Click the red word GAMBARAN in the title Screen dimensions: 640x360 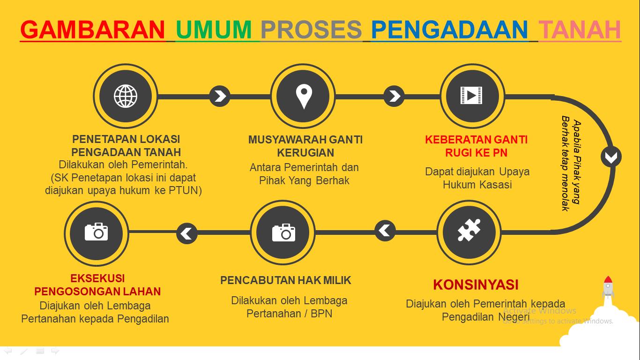(x=93, y=30)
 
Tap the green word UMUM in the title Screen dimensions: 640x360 (x=214, y=30)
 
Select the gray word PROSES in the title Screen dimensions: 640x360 (x=312, y=30)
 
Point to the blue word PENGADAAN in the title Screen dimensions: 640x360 (x=449, y=30)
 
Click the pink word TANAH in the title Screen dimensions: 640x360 (x=580, y=30)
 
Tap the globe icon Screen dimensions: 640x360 (x=126, y=96)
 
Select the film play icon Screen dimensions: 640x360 (x=471, y=95)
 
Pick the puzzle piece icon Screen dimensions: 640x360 (x=469, y=230)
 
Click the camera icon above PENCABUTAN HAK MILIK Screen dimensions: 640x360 (x=283, y=233)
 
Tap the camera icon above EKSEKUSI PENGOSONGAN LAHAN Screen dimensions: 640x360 (x=97, y=232)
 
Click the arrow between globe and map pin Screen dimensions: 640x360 (x=220, y=96)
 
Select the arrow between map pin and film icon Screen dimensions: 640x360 (x=394, y=96)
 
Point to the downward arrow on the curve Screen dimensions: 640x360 (x=611, y=157)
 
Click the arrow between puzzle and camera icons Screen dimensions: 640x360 (x=385, y=231)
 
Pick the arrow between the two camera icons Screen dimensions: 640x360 (x=187, y=233)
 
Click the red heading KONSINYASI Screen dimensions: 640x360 (x=476, y=285)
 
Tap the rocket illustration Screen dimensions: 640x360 (x=608, y=287)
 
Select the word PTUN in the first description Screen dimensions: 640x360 (x=185, y=190)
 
